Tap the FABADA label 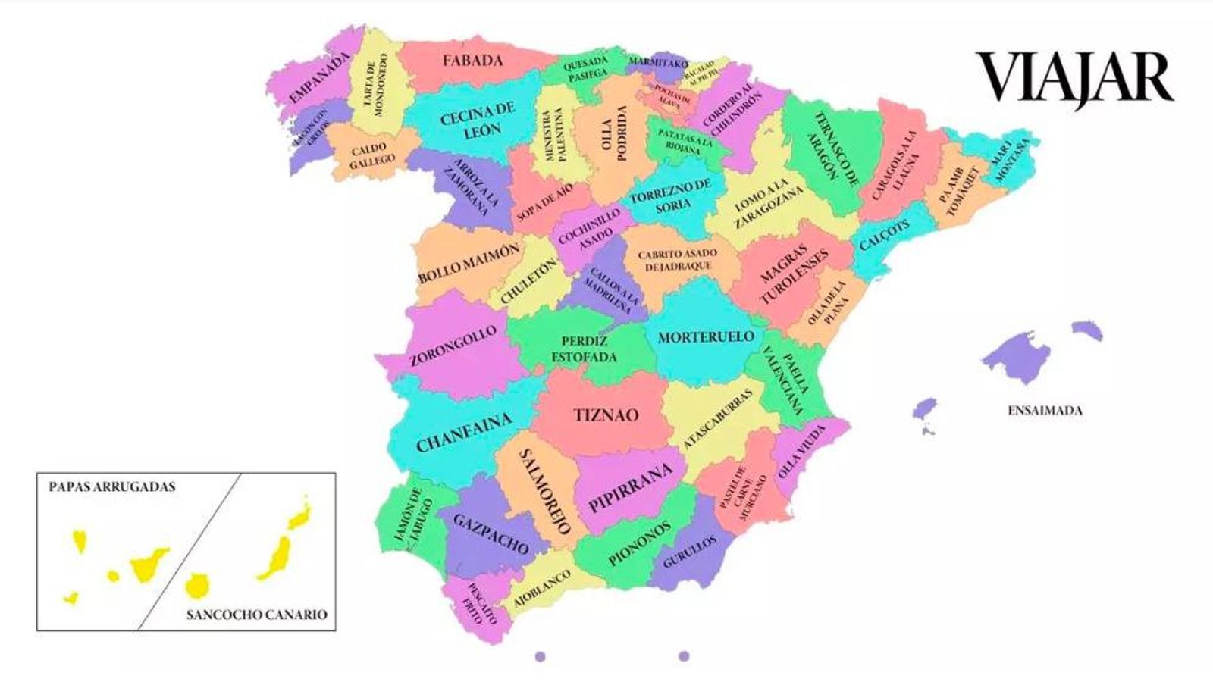tap(473, 61)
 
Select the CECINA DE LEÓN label tap(478, 120)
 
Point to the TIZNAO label tap(606, 415)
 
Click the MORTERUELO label tap(705, 337)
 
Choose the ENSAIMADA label tap(1045, 411)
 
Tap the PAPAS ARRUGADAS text tap(112, 486)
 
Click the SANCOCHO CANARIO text tap(257, 615)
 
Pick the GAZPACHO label tap(491, 533)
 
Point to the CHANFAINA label tap(464, 433)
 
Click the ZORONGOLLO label tap(453, 346)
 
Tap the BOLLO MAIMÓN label tap(469, 263)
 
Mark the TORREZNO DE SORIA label tap(671, 195)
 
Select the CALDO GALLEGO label tap(371, 154)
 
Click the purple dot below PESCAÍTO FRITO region tap(540, 656)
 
